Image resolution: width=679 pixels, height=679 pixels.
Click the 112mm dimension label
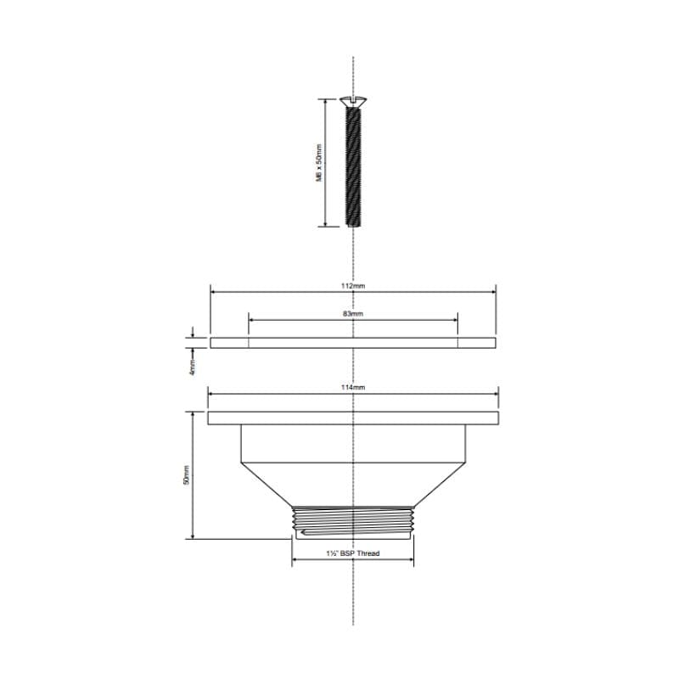353,286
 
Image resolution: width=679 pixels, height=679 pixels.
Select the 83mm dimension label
353,313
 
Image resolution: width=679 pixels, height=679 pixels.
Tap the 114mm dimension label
353,387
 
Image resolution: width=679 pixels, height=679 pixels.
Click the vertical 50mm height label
188,474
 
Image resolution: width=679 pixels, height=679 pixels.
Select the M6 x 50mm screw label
319,162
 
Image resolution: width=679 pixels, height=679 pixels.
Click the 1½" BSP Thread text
353,554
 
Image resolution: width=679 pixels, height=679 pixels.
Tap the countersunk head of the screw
353,102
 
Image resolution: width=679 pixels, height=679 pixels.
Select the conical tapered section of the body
353,485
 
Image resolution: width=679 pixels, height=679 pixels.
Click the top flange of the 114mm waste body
353,418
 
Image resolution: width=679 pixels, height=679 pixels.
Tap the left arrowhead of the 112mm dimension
213,292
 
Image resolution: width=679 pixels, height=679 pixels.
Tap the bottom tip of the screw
353,226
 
